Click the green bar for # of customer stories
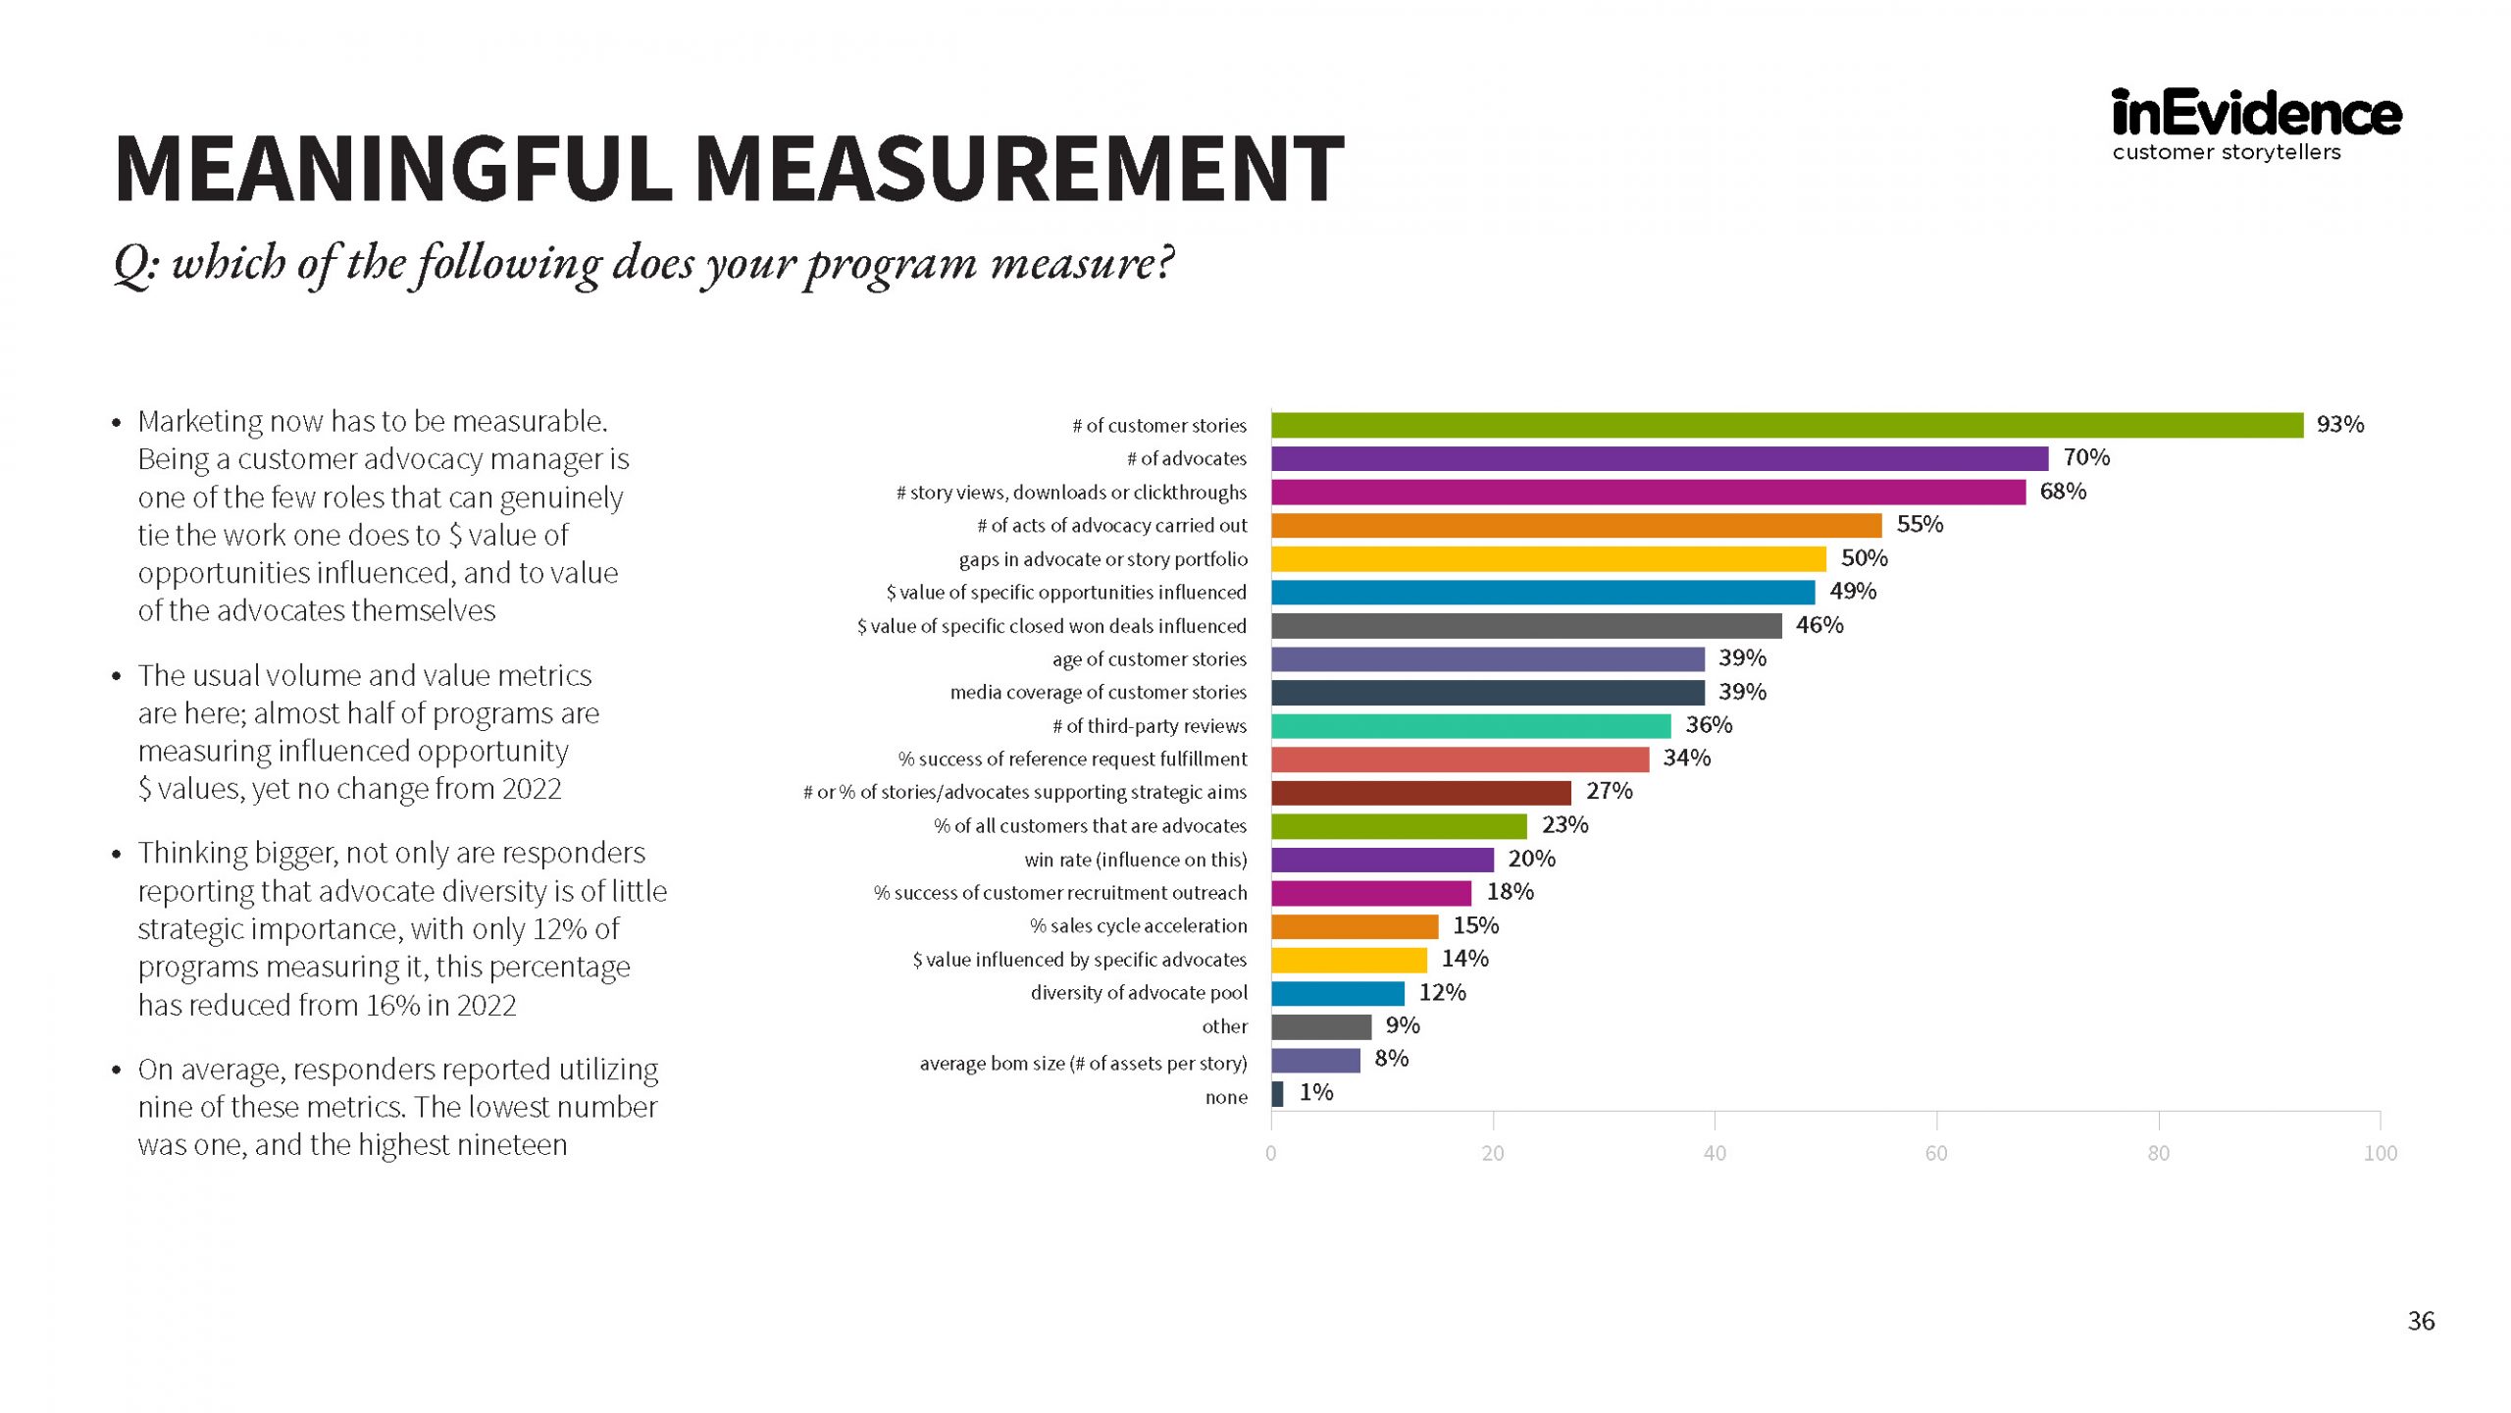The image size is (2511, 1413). point(1785,425)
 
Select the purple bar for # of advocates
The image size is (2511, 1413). point(1659,458)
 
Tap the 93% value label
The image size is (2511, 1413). point(2339,424)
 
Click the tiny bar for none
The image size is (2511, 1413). point(1277,1094)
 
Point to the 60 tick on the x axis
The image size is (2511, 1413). point(1936,1153)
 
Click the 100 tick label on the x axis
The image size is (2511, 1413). point(2380,1153)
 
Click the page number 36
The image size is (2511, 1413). point(2421,1321)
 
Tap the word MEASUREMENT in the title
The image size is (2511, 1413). point(1019,169)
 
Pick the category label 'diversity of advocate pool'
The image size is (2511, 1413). point(1138,993)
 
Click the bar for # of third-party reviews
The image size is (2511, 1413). point(1470,726)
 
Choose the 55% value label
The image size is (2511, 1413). point(1919,524)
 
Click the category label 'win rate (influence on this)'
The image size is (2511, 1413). point(1135,860)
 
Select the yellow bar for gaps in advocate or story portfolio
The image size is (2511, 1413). point(1548,559)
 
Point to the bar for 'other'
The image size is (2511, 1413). point(1320,1027)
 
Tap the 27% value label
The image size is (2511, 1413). point(1609,791)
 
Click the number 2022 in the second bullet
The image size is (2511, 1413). point(531,789)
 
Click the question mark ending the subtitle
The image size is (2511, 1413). point(1164,263)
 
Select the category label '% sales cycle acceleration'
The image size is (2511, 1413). point(1138,926)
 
